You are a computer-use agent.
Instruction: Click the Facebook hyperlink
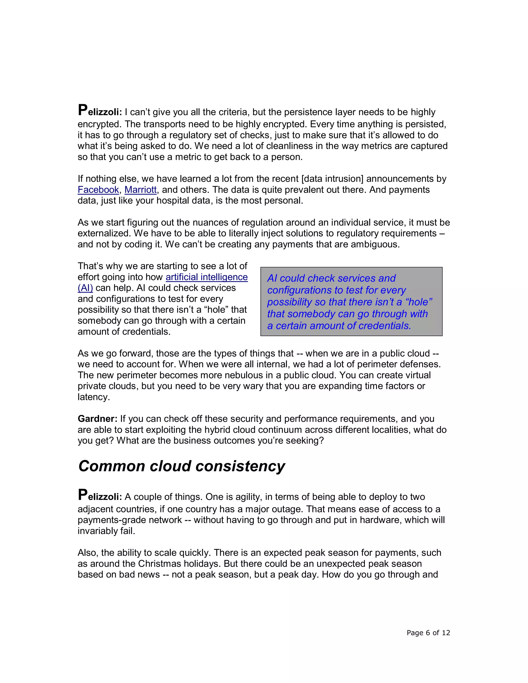point(98,190)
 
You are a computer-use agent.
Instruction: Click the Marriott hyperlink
point(141,190)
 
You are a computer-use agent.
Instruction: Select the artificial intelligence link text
point(207,277)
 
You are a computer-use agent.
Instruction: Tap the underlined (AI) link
point(85,288)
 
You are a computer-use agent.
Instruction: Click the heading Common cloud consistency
point(181,466)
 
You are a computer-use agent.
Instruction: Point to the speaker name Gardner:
point(97,419)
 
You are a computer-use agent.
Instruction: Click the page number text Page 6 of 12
point(428,633)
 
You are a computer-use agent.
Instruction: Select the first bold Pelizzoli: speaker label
point(100,112)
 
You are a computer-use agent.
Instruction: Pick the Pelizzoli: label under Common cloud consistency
point(100,496)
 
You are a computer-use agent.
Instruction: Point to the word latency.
point(93,397)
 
